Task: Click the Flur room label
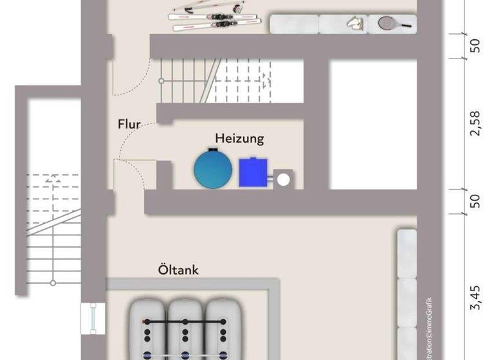point(129,125)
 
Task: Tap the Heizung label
point(239,138)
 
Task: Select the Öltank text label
point(178,270)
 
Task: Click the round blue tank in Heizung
point(213,168)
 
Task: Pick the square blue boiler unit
point(253,172)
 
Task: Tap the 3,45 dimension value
point(475,299)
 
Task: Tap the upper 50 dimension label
point(475,46)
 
